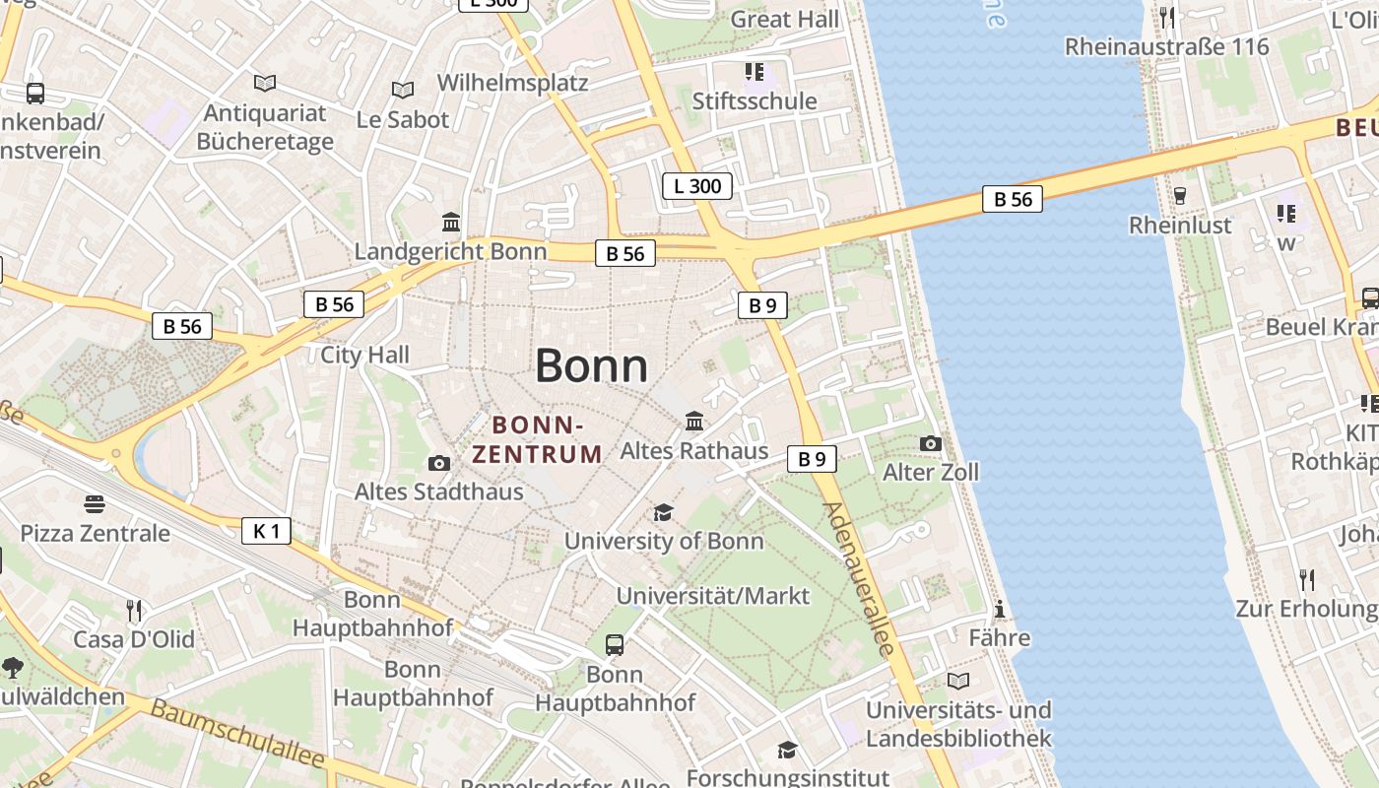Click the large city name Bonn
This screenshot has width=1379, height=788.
pyautogui.click(x=591, y=366)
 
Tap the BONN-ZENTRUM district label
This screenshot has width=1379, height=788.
pyautogui.click(x=537, y=439)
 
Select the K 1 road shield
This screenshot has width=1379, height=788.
pyautogui.click(x=266, y=532)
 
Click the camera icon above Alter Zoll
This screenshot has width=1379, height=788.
pyautogui.click(x=930, y=444)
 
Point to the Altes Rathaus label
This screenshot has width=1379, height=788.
pyautogui.click(x=693, y=451)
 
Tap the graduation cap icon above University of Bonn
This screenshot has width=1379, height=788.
pyautogui.click(x=663, y=513)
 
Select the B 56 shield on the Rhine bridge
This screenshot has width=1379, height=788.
pyautogui.click(x=1012, y=199)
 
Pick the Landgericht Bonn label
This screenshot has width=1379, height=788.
pyautogui.click(x=450, y=251)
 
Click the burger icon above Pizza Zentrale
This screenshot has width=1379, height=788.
pyautogui.click(x=95, y=504)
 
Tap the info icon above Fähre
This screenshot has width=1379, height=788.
pyautogui.click(x=1000, y=610)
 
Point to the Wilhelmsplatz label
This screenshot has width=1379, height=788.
pyautogui.click(x=512, y=82)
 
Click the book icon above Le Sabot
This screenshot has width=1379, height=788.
pyautogui.click(x=402, y=91)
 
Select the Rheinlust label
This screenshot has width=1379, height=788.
pyautogui.click(x=1180, y=226)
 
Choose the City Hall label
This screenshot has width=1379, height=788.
pyautogui.click(x=364, y=355)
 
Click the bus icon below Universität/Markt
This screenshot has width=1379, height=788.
pyautogui.click(x=615, y=645)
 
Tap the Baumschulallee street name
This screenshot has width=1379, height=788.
pyautogui.click(x=237, y=735)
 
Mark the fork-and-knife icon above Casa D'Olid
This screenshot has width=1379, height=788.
pyautogui.click(x=134, y=611)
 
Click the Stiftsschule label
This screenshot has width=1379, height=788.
pyautogui.click(x=755, y=101)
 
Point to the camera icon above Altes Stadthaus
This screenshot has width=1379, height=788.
pyautogui.click(x=439, y=463)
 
